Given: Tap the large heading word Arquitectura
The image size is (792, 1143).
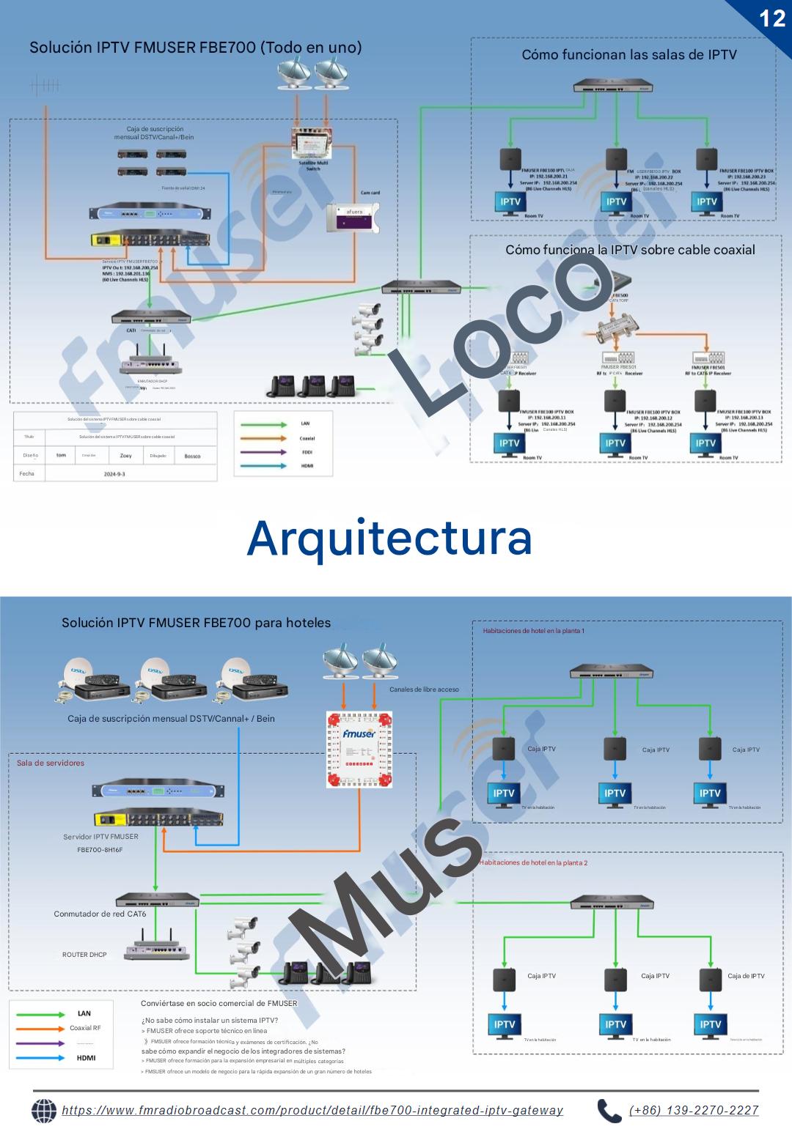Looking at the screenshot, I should [x=389, y=538].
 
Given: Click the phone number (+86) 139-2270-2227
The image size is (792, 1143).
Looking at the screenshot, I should [x=694, y=1110].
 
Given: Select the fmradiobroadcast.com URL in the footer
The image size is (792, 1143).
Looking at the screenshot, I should [x=312, y=1110].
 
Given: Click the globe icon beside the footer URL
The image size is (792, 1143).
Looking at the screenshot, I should [x=44, y=1111].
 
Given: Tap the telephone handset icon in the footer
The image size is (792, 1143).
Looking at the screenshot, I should [x=609, y=1111].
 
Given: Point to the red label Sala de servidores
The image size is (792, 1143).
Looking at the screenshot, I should [x=51, y=763].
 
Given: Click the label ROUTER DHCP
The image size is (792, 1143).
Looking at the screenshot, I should [x=84, y=955].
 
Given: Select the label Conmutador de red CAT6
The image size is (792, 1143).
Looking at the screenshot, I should [x=100, y=914].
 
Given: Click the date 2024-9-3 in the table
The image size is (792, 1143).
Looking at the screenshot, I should [x=114, y=474].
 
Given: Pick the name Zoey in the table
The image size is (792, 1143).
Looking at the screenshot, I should [x=126, y=456].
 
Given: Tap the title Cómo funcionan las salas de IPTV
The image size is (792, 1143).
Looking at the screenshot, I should [x=628, y=54].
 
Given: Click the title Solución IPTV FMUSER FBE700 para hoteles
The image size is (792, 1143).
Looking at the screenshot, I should [x=196, y=623].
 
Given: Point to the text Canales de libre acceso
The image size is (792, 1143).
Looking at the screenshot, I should [x=424, y=689].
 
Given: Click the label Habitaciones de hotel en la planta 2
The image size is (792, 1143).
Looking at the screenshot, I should [x=533, y=862].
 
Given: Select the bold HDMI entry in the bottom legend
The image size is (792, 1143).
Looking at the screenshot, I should [x=86, y=1057].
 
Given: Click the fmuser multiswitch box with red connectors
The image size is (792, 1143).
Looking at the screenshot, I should [x=359, y=750].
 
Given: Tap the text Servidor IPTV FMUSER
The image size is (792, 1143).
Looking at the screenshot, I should [x=100, y=837].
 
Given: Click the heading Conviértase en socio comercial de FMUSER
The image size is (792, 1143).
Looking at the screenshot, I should [x=219, y=1003].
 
